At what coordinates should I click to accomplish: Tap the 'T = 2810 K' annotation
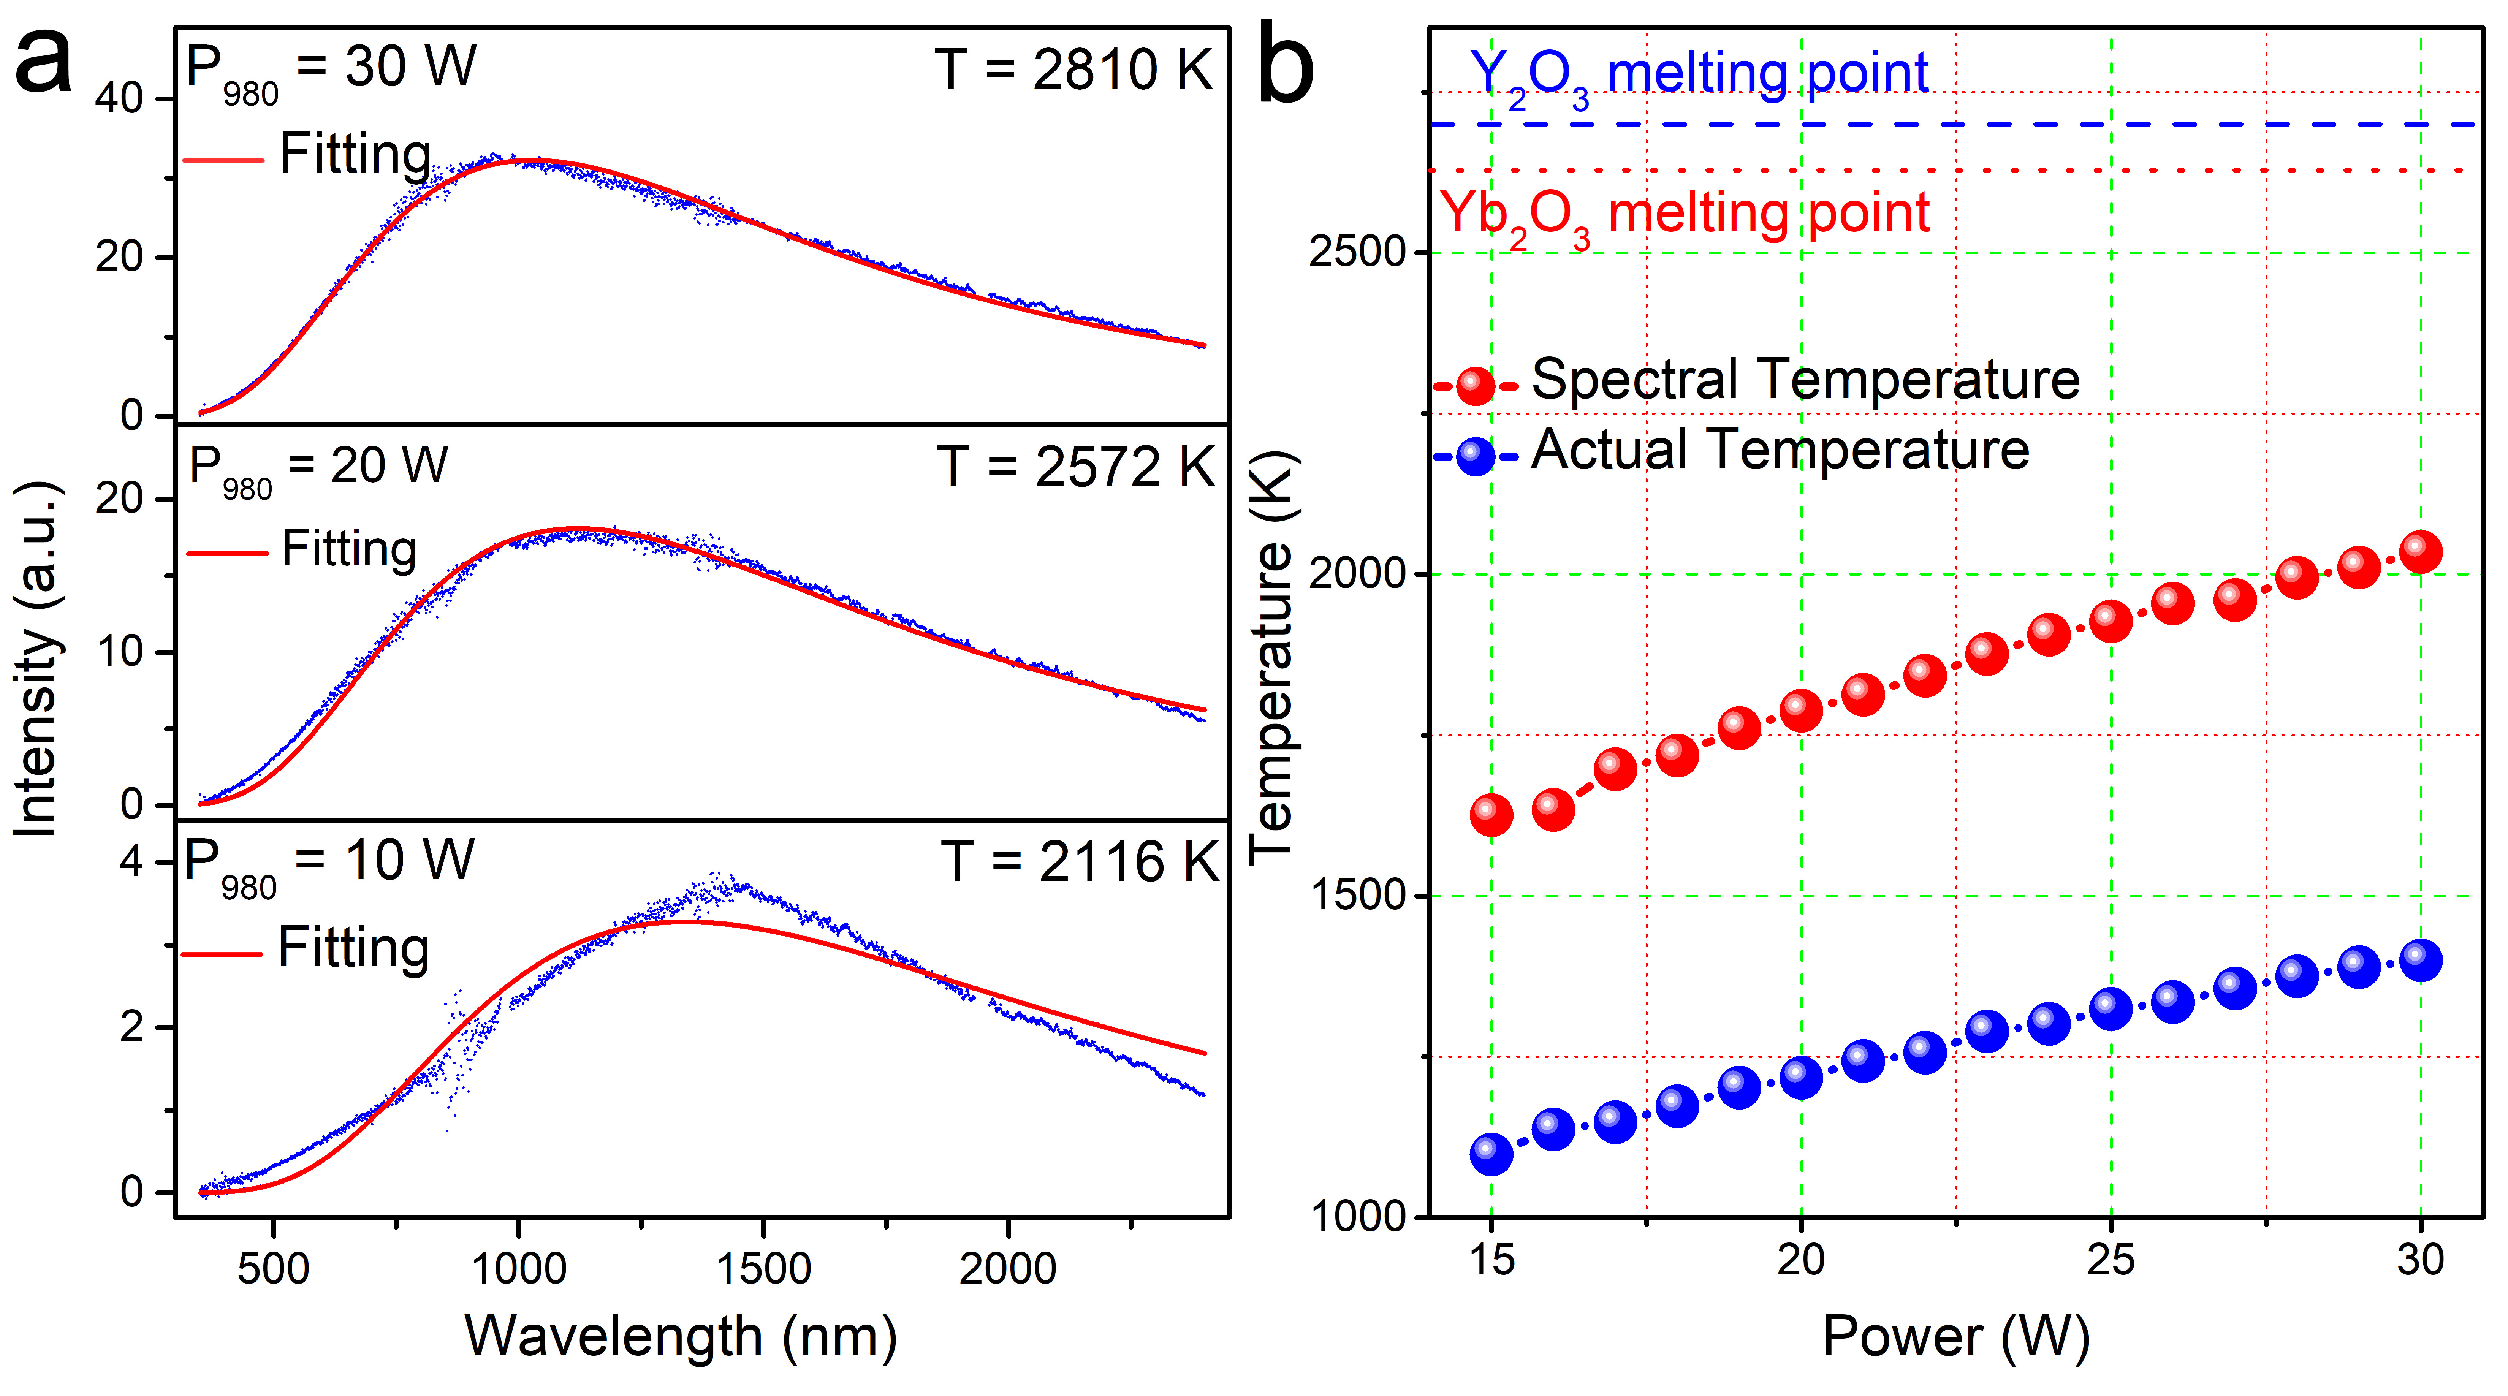point(1073,70)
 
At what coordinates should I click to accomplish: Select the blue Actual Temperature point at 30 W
point(2420,960)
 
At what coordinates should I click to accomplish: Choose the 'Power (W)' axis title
point(1955,1337)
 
